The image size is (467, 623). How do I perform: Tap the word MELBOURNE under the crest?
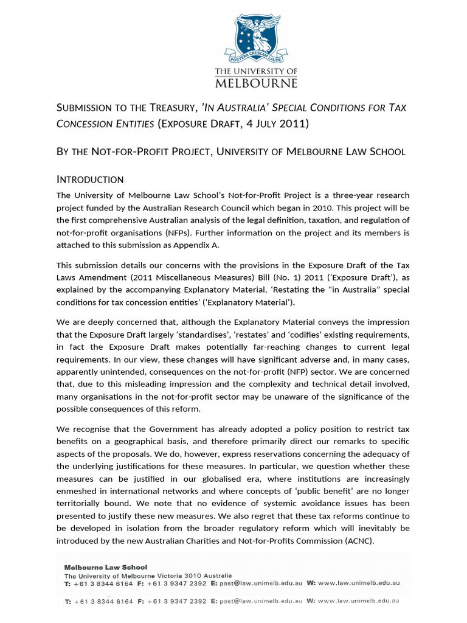click(256, 83)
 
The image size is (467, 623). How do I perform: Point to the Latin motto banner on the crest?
click(256, 60)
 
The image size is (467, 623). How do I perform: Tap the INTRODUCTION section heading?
click(90, 179)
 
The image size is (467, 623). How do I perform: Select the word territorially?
click(82, 503)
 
